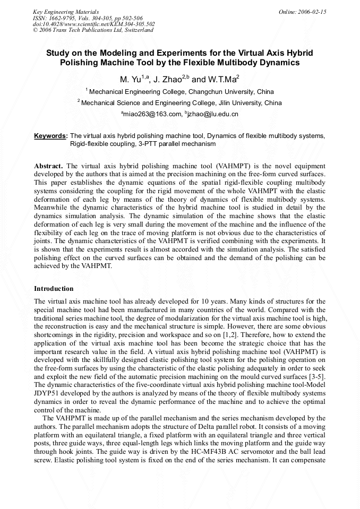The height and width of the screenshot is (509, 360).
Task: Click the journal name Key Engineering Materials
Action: pyautogui.click(x=65, y=12)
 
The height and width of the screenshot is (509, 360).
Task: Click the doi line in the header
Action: pyautogui.click(x=93, y=24)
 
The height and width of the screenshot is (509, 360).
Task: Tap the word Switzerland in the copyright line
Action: pyautogui.click(x=139, y=30)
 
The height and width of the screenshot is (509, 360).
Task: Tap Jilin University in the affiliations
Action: pyautogui.click(x=237, y=103)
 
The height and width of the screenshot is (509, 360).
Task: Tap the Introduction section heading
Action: pyautogui.click(x=54, y=289)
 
